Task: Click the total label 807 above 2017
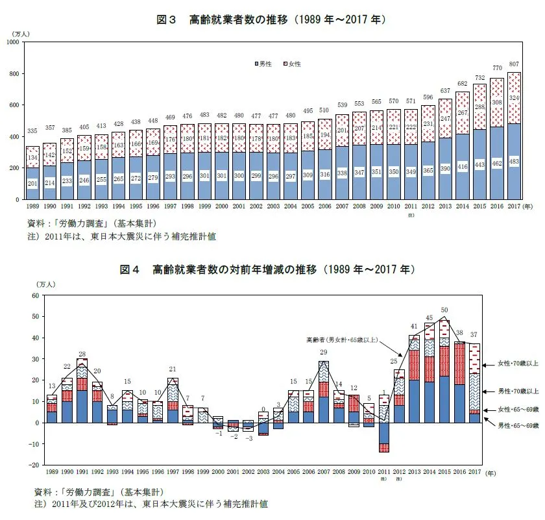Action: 513,64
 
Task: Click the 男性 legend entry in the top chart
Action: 262,64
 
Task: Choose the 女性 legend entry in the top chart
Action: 291,64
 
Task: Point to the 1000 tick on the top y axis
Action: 13,42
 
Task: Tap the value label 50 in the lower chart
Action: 444,310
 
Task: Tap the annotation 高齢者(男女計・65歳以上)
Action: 343,339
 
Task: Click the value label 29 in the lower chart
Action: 323,353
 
